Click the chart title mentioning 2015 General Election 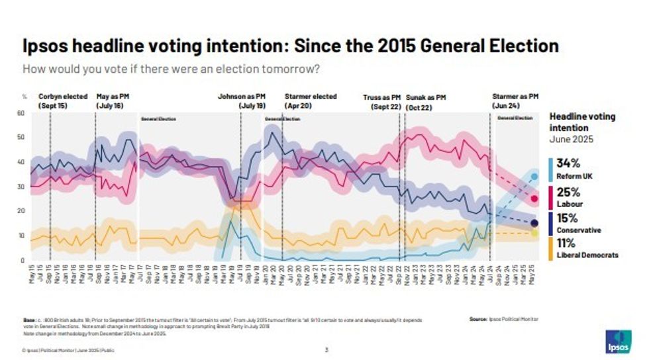click(290, 46)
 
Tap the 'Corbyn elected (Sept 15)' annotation click(63, 101)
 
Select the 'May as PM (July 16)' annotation click(113, 101)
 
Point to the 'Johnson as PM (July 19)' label click(241, 101)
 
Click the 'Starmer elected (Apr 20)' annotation click(310, 101)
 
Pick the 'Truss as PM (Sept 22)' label click(382, 101)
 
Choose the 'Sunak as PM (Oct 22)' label click(425, 101)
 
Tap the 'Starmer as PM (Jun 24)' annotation click(515, 101)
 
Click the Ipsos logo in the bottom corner click(617, 341)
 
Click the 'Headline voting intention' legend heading click(582, 122)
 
